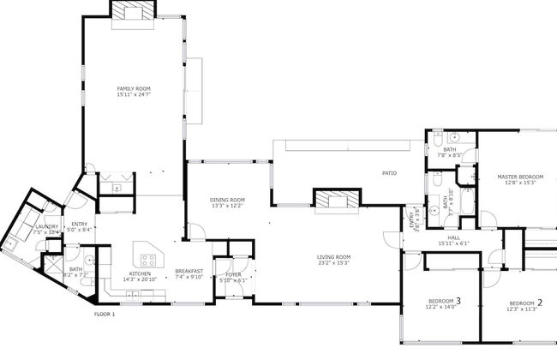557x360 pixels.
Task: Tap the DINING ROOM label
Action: pos(227,200)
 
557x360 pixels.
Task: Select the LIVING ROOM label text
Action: pos(334,256)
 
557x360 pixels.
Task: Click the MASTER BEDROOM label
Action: pos(520,177)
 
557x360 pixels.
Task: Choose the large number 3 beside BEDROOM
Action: pos(458,301)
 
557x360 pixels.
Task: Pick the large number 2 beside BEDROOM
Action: pos(540,303)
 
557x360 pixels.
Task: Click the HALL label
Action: pos(453,237)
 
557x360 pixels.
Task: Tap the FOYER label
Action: pos(233,274)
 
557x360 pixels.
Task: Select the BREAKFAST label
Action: pos(189,271)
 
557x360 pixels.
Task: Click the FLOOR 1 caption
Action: pos(104,315)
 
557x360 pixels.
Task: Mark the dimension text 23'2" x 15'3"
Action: pos(334,262)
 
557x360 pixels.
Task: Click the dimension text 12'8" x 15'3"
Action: pos(520,183)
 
